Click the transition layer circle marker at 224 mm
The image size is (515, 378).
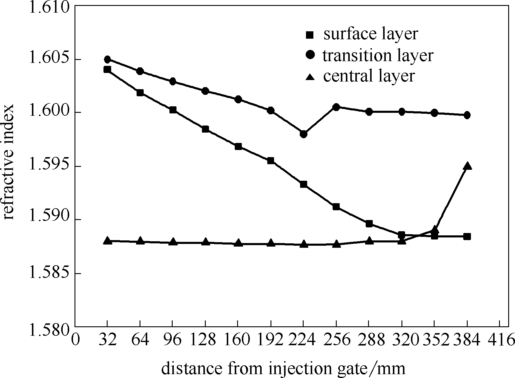(303, 134)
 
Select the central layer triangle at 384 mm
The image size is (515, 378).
(467, 166)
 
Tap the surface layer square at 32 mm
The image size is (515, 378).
(107, 70)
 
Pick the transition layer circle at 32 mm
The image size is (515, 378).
(107, 59)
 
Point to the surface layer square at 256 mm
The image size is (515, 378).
(336, 207)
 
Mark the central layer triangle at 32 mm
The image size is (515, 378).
(107, 240)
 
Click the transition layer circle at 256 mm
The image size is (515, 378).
(336, 107)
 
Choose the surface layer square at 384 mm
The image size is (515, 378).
(467, 237)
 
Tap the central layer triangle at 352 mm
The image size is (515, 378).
(434, 230)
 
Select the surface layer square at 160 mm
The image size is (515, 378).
(238, 147)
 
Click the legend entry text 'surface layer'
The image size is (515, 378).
(371, 34)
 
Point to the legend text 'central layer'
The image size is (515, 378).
(369, 76)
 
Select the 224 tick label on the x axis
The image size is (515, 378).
(303, 340)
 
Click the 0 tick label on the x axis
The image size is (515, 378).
(76, 340)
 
